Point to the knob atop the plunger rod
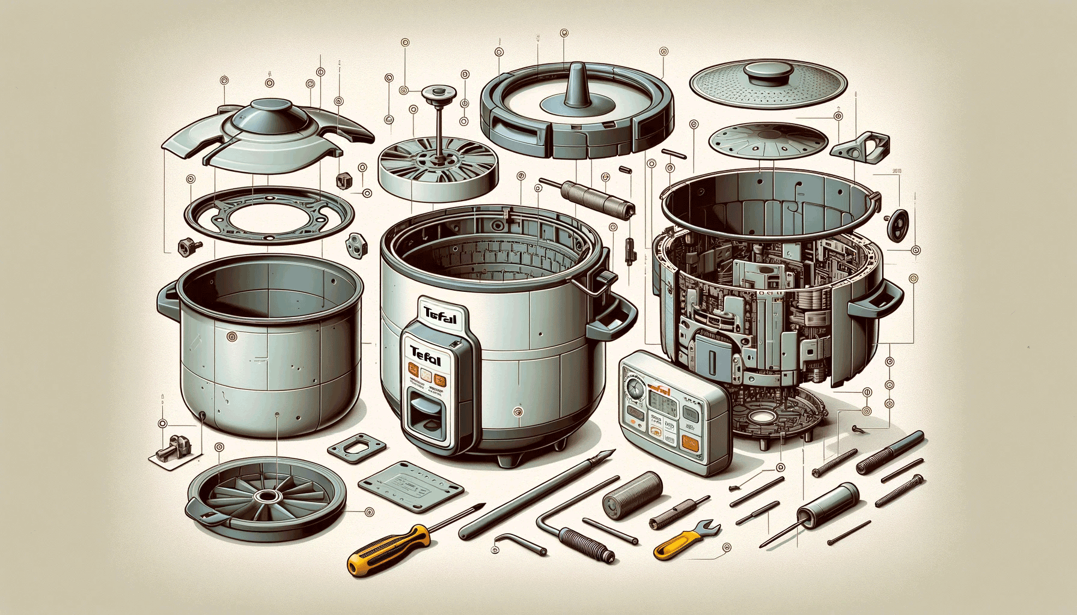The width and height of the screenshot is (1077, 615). click(x=438, y=94)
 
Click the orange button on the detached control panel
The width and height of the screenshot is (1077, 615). click(x=689, y=444)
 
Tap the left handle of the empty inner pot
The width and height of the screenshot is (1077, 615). click(x=168, y=300)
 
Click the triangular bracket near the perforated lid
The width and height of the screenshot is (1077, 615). click(x=863, y=148)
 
